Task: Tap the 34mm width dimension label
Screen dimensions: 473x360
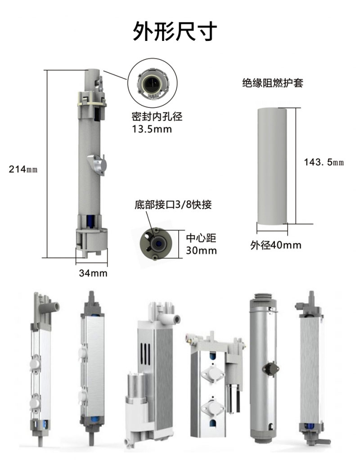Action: (x=93, y=273)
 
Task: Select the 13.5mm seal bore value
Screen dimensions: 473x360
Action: (x=148, y=129)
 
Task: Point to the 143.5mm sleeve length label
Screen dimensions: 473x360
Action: (x=324, y=162)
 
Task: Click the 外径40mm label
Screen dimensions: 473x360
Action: (x=275, y=245)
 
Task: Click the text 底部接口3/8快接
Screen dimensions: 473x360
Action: (x=173, y=205)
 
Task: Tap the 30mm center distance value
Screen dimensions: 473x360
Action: (x=201, y=250)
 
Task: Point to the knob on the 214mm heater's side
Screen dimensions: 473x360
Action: (x=97, y=163)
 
